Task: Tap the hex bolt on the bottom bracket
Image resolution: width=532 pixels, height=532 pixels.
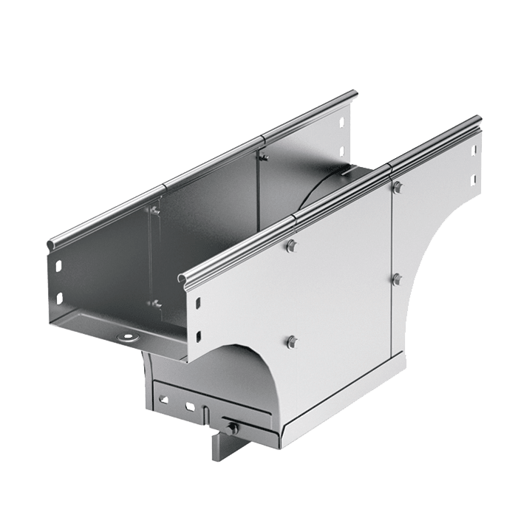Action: tap(233, 428)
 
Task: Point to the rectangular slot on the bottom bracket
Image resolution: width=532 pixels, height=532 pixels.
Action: tap(191, 406)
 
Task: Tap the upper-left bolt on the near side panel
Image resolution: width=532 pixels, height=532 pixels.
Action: tap(291, 245)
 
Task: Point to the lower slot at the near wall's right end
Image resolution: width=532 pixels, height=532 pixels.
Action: tap(470, 179)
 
